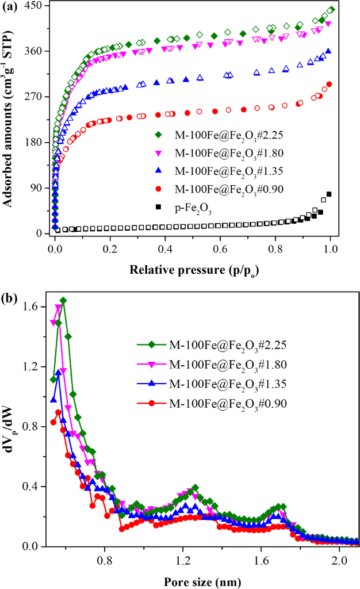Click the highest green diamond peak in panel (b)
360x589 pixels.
(63, 301)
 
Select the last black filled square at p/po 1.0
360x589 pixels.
(330, 194)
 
